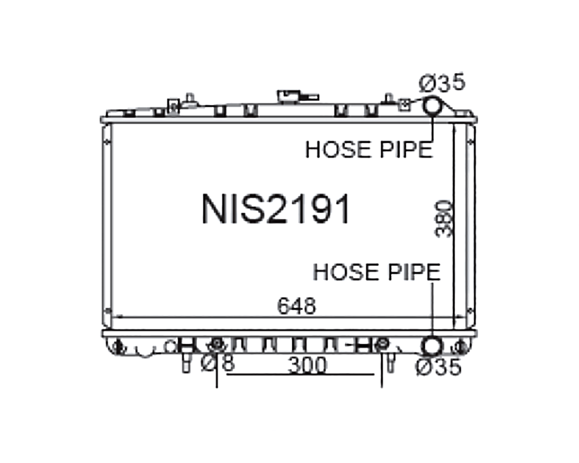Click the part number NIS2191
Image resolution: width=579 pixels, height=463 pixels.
point(276,209)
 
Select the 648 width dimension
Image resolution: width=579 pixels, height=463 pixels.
point(296,305)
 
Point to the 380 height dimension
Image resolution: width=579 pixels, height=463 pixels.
point(444,219)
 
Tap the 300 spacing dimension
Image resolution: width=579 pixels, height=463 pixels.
point(307,365)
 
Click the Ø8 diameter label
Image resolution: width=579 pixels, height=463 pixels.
point(218,363)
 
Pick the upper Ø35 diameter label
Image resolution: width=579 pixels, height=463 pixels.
point(442,83)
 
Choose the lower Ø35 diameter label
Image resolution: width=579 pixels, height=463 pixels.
point(439,367)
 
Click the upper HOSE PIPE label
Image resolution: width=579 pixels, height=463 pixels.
point(369,150)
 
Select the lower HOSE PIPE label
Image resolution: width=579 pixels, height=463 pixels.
point(377,272)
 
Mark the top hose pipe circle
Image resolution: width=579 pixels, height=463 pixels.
point(432,105)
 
